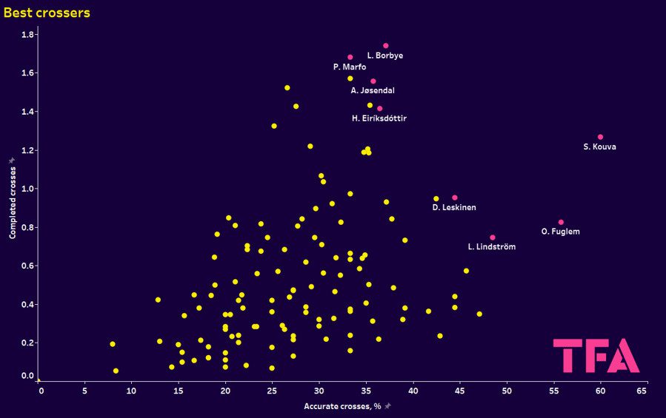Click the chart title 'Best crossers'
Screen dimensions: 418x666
[x=47, y=13]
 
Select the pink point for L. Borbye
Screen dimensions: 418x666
[x=386, y=46]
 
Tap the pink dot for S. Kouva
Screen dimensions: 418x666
[x=600, y=137]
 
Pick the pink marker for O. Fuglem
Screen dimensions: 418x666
[x=561, y=222]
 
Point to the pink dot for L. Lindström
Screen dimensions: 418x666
[x=493, y=237]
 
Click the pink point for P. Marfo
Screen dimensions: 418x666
[x=350, y=57]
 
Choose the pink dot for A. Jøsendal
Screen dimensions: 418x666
[x=373, y=81]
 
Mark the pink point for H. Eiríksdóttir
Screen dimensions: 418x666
[x=380, y=109]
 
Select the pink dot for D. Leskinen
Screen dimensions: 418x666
[x=455, y=198]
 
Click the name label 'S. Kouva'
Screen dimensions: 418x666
[x=599, y=146]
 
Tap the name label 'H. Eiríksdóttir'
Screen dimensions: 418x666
[x=379, y=118]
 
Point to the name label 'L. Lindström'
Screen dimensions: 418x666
[x=492, y=247]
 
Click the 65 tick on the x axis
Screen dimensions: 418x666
[x=642, y=390]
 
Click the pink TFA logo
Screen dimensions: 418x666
[x=596, y=356]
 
